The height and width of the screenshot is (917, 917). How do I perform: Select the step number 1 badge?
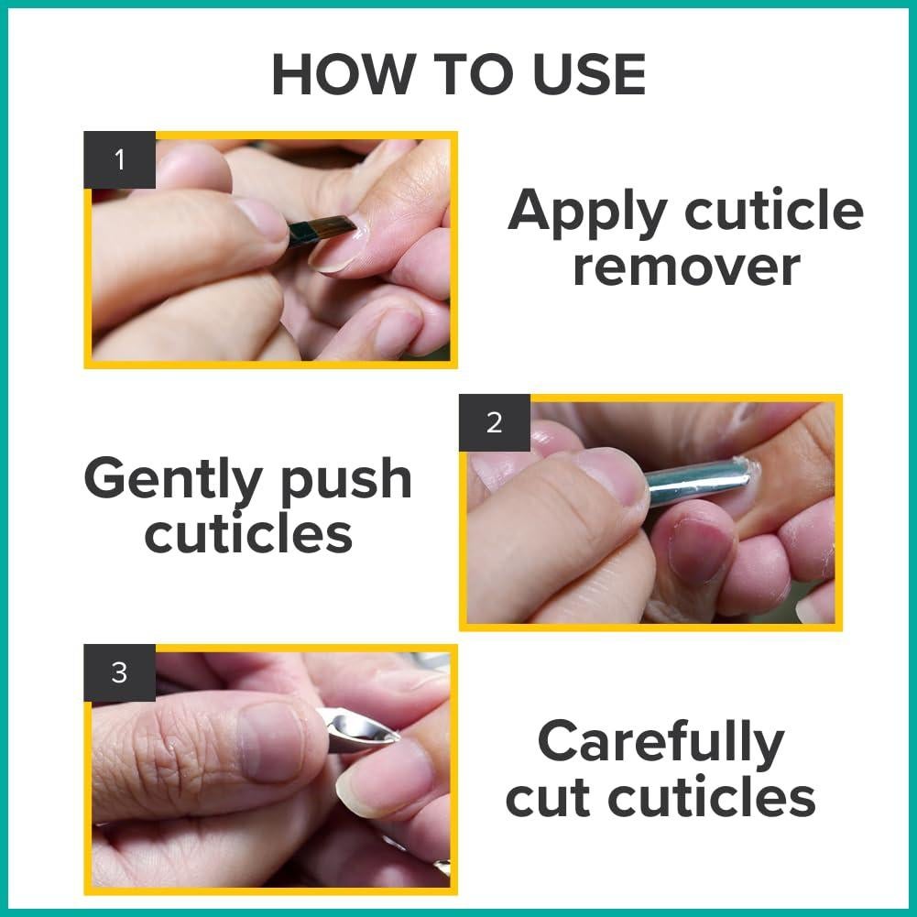(119, 160)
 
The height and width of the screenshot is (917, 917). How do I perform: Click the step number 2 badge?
(495, 423)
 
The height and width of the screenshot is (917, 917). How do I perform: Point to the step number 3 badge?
(119, 673)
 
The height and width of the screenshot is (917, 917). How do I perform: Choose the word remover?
(686, 267)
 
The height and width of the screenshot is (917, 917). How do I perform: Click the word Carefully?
(660, 742)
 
